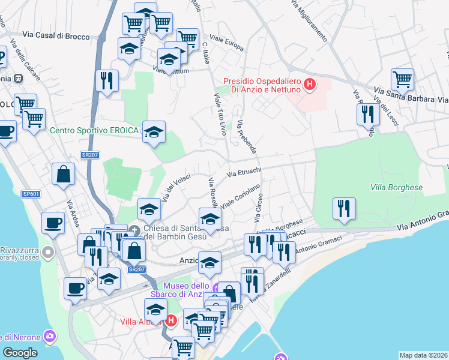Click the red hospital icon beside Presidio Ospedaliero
(x=310, y=85)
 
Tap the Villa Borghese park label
(x=397, y=187)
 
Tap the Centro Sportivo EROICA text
(x=94, y=130)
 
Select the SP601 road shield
(x=31, y=194)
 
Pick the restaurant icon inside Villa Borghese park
(x=344, y=209)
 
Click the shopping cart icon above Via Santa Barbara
(x=402, y=79)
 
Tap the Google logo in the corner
(x=20, y=353)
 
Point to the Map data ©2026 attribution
(x=423, y=355)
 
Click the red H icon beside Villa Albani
(x=171, y=321)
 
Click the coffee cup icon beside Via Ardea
(x=53, y=222)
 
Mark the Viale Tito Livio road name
(x=220, y=117)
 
